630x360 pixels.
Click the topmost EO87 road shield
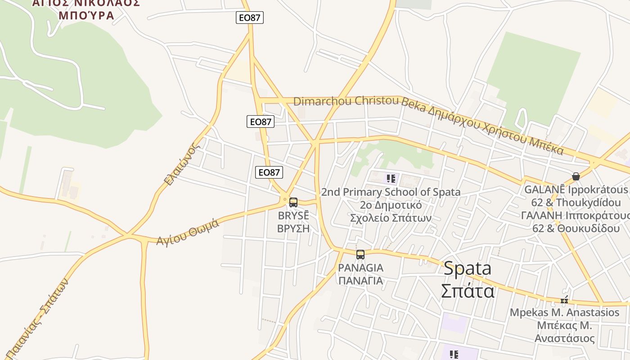(x=250, y=18)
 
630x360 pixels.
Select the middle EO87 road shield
(x=261, y=121)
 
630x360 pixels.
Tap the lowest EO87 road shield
(x=269, y=172)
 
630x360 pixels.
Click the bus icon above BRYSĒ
(x=293, y=202)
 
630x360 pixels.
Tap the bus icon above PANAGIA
(x=360, y=255)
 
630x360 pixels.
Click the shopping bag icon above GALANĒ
(x=576, y=176)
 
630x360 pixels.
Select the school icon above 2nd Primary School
(x=391, y=179)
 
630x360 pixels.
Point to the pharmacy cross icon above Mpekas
(x=564, y=300)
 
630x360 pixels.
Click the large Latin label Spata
(x=468, y=269)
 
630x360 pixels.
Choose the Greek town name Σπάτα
(x=468, y=291)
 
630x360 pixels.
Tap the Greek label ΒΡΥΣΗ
(x=293, y=228)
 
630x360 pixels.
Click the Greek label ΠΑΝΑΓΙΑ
(x=360, y=281)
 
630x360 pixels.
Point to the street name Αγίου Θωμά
(x=188, y=232)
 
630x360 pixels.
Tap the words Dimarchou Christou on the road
(x=346, y=101)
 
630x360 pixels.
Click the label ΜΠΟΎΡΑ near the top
(x=86, y=15)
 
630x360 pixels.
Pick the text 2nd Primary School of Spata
(x=391, y=192)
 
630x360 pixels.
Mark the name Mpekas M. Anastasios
(x=564, y=312)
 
